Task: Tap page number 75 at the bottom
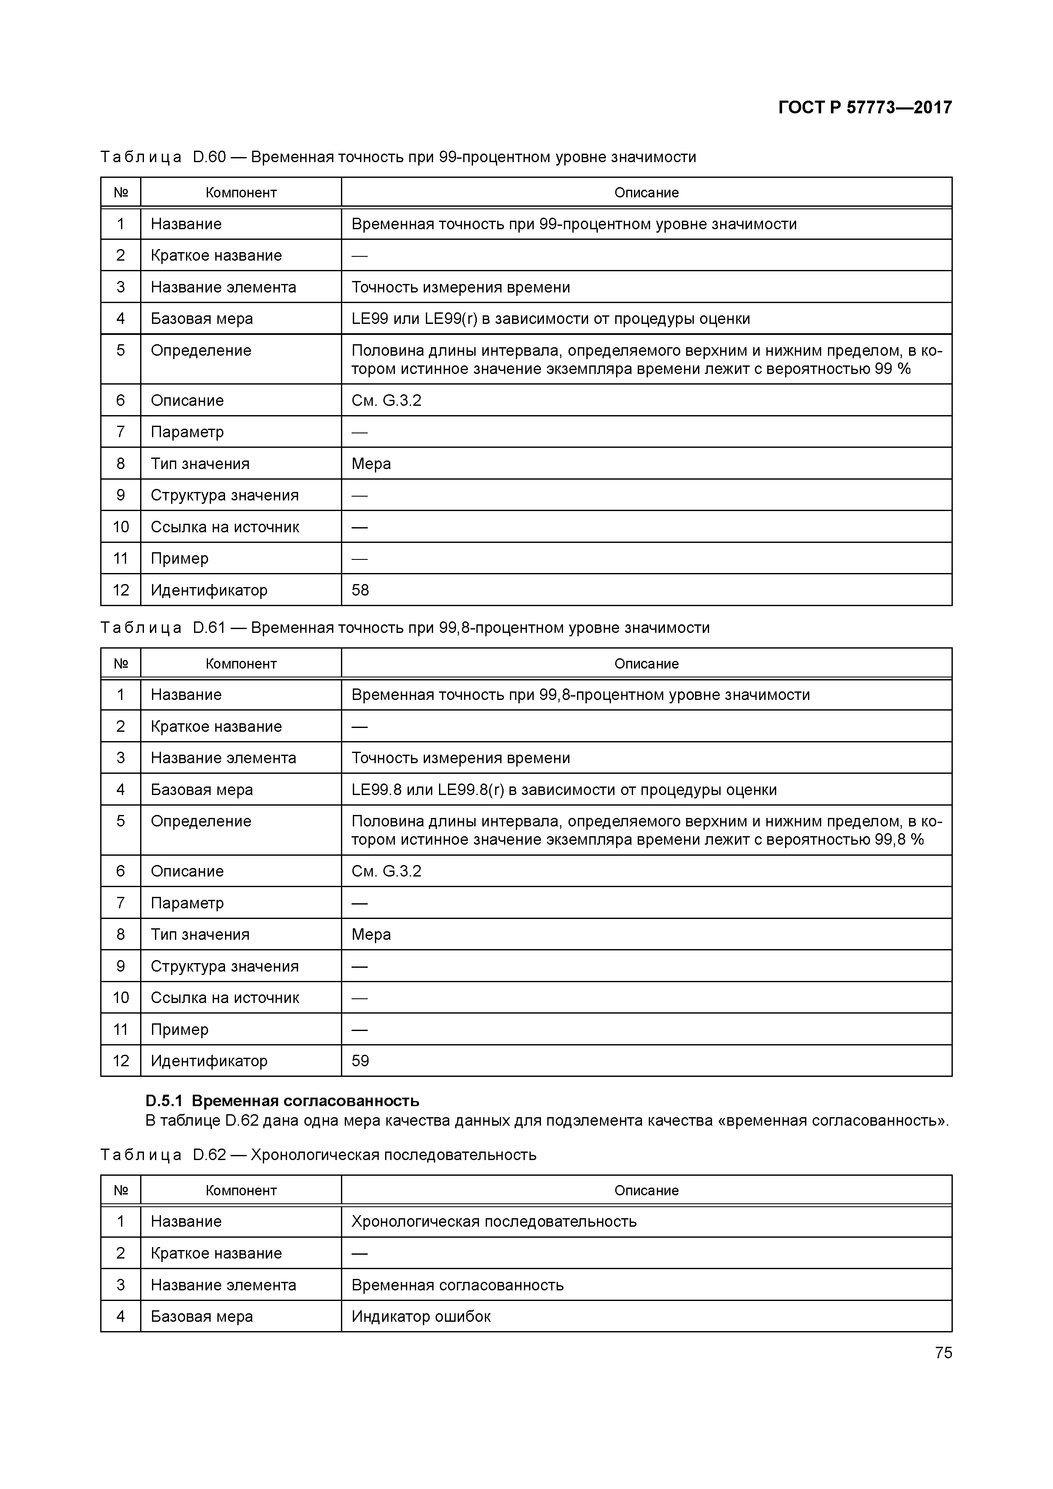[x=943, y=1352]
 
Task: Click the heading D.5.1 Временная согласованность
[x=282, y=1101]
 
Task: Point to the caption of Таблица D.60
[x=398, y=157]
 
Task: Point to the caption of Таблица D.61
[x=405, y=628]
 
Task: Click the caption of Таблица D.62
[x=318, y=1155]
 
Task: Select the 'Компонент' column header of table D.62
[x=241, y=1190]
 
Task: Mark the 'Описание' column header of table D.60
[x=646, y=193]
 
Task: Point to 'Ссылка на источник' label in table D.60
[x=225, y=527]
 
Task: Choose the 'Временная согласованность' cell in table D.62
[x=457, y=1285]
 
